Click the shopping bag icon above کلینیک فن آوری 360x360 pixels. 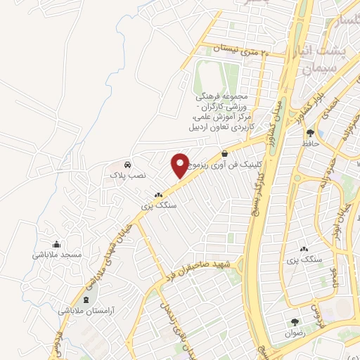pos(224,153)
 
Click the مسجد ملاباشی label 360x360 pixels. pos(58,254)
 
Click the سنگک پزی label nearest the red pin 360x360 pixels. pos(157,206)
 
